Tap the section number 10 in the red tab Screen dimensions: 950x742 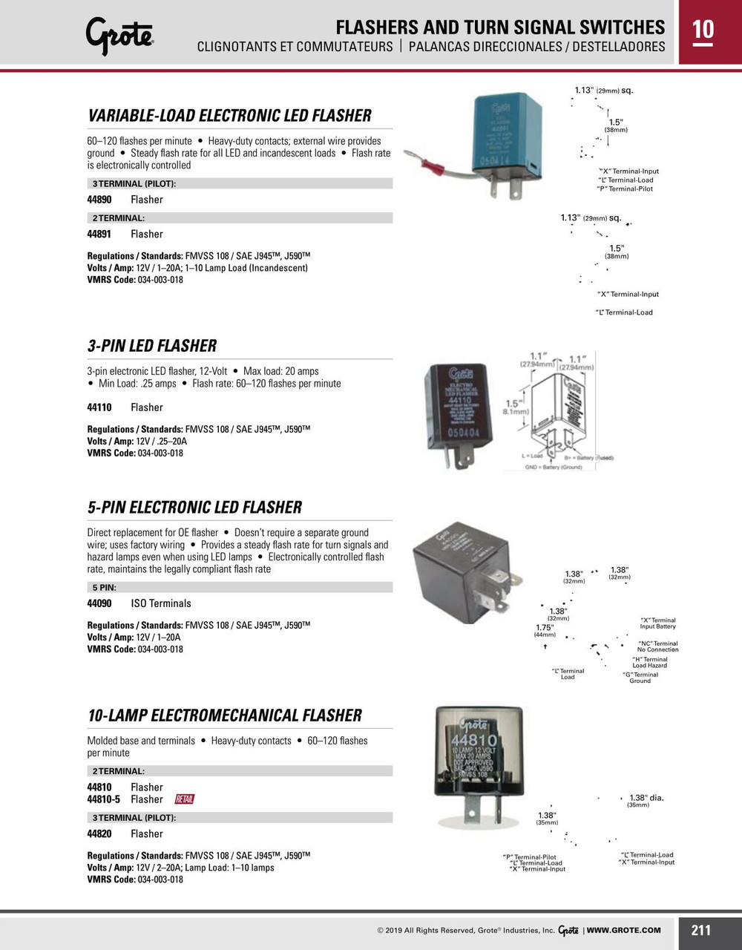[703, 30]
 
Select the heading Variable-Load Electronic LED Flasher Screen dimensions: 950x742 [229, 116]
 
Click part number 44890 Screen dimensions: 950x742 [99, 200]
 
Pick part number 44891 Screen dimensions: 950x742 [99, 235]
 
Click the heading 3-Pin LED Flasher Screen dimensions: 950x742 [152, 346]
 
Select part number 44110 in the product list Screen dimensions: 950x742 [99, 407]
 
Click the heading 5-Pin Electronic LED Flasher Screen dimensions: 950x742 [194, 508]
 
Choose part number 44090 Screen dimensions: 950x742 [99, 603]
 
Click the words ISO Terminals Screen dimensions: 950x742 [161, 603]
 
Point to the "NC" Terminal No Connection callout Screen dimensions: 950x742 [657, 646]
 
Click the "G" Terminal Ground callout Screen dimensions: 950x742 [640, 678]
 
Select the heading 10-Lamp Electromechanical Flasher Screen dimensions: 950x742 [225, 715]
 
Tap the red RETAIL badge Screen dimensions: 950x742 [185, 799]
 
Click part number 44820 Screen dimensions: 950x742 [99, 834]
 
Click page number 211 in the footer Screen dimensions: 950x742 [700, 930]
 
